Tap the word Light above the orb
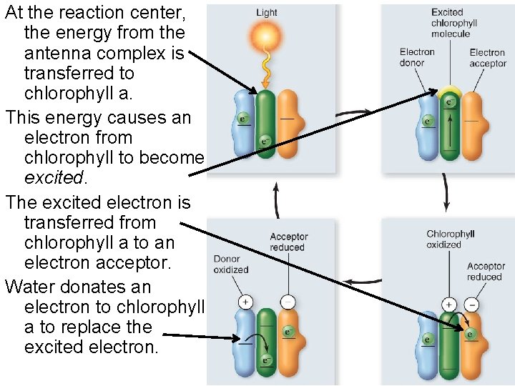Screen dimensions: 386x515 [x=266, y=12]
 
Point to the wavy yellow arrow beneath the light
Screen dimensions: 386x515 [x=266, y=70]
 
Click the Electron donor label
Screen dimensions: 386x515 [x=417, y=57]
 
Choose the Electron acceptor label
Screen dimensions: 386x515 [x=488, y=58]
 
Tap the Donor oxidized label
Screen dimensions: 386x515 [x=230, y=264]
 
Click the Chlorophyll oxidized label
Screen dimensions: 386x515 [x=451, y=239]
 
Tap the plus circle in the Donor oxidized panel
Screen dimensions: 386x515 [x=245, y=302]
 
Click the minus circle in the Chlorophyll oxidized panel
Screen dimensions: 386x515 [x=471, y=304]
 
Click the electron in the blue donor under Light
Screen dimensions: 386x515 [x=243, y=119]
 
